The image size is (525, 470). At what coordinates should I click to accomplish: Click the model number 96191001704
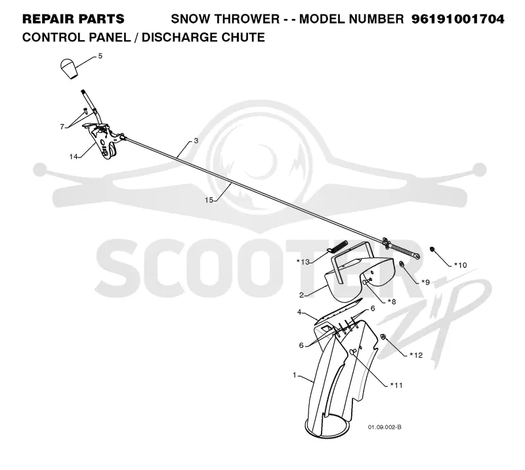pos(457,19)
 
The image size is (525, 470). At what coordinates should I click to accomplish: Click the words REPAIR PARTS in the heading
pos(73,19)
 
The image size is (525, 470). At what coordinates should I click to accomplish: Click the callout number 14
pos(73,156)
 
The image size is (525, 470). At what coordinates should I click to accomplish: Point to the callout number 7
pos(62,127)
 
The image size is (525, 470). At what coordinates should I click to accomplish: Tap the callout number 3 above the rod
pos(196,140)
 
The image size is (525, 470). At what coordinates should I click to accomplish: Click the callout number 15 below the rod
pos(209,200)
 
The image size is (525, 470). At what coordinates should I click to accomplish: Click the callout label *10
pos(461,265)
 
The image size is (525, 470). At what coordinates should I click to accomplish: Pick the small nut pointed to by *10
pos(432,249)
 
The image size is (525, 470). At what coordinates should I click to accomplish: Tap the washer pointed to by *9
pos(402,265)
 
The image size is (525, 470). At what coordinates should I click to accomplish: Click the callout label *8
pos(392,301)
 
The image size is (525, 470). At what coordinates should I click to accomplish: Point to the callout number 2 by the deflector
pos(301,295)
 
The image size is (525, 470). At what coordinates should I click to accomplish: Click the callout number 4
pos(299,312)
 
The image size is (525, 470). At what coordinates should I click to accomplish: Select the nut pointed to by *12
pos(384,336)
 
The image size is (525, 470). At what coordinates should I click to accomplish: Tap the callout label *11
pos(396,385)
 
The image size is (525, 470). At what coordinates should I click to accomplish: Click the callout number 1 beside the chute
pos(295,375)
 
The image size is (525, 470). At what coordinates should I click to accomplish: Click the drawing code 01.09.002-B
pos(385,427)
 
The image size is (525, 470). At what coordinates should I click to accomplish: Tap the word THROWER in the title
pos(247,19)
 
